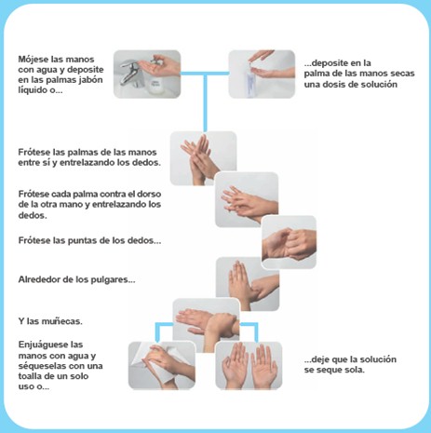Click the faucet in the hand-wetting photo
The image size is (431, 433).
click(x=128, y=73)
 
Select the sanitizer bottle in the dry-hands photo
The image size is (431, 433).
click(x=251, y=81)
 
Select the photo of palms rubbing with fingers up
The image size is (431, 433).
click(x=203, y=158)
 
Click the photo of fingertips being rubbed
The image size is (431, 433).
click(x=289, y=242)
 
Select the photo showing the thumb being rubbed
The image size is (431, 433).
click(x=248, y=284)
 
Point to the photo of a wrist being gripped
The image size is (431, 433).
click(x=206, y=325)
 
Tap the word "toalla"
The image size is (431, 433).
click(x=30, y=376)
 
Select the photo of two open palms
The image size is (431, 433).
click(x=249, y=365)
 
